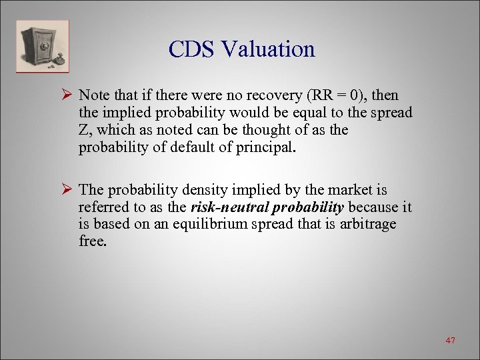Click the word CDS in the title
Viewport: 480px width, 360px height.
195,49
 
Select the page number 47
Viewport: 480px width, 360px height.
450,341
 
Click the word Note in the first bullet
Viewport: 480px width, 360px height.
95,96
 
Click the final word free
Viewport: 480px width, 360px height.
92,241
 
